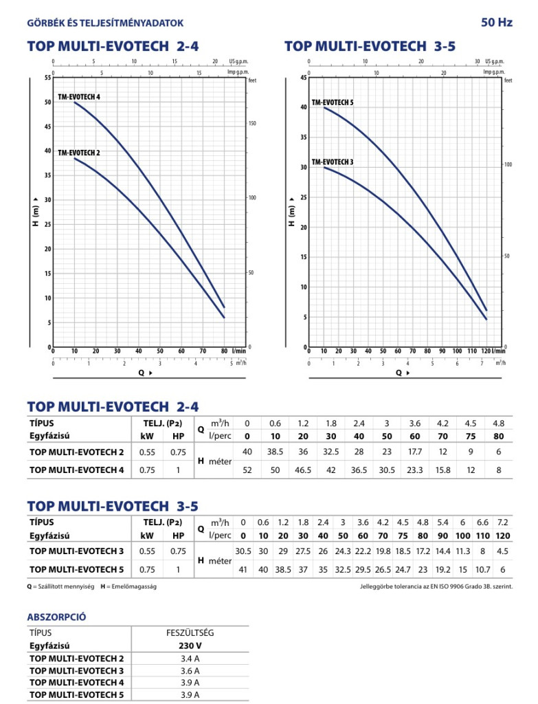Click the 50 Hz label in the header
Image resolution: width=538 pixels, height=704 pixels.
point(496,23)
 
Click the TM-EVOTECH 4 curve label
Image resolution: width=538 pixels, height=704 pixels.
point(79,97)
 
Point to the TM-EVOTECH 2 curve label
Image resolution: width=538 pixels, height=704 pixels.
point(79,153)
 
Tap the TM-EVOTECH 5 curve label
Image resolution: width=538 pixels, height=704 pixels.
point(333,102)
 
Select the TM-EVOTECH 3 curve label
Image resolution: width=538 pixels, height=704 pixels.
point(333,162)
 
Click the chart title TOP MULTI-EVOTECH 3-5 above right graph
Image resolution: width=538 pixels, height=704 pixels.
point(370,46)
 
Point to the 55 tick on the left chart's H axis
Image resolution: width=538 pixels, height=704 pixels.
point(47,78)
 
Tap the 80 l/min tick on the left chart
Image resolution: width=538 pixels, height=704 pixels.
point(223,351)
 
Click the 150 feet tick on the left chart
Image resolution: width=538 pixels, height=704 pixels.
point(252,124)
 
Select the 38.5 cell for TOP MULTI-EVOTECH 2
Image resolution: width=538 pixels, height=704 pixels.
point(275,452)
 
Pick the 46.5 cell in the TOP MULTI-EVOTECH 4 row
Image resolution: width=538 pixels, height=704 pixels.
point(303,470)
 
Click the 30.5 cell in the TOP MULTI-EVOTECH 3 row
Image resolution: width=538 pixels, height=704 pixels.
point(243,551)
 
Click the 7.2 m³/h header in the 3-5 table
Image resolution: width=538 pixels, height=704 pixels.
point(503,522)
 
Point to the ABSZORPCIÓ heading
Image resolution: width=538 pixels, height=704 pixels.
point(56,617)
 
